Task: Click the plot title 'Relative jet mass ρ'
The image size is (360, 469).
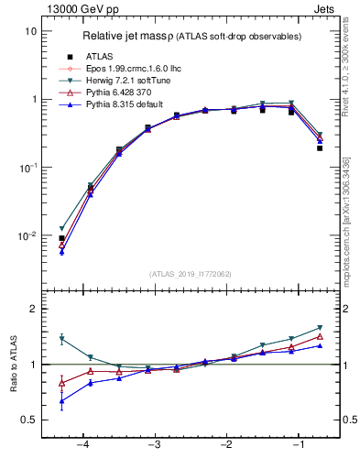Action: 136,36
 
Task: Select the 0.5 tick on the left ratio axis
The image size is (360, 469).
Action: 27,420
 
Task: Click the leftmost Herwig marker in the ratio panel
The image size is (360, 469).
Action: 61,339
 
